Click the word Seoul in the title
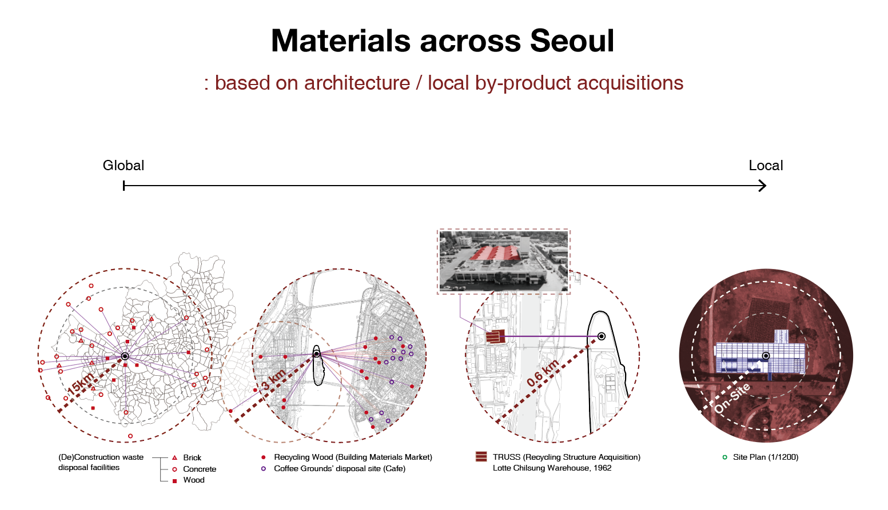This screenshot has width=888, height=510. [x=572, y=41]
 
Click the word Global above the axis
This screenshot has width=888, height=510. [x=124, y=165]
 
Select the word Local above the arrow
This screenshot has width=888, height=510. [x=766, y=165]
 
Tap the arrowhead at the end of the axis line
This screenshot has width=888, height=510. [x=763, y=186]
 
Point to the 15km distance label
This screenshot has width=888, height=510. [x=81, y=384]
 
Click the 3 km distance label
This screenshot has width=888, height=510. [x=273, y=380]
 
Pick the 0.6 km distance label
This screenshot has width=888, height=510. [x=543, y=372]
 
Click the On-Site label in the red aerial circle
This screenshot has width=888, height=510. [x=732, y=398]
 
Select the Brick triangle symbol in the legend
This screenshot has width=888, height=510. [x=174, y=457]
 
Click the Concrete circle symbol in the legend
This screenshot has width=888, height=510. [x=174, y=469]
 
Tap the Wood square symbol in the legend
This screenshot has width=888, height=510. [x=174, y=481]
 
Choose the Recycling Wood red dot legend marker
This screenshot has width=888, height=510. [x=263, y=457]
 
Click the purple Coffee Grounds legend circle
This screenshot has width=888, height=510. [x=263, y=469]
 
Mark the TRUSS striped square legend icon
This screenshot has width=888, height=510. [x=481, y=456]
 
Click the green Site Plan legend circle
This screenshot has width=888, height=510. [x=724, y=457]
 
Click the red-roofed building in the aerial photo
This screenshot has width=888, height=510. [x=495, y=253]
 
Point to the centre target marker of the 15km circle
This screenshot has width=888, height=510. [x=125, y=356]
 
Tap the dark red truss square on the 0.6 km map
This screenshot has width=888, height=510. [x=495, y=337]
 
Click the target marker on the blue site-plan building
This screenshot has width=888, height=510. [x=766, y=356]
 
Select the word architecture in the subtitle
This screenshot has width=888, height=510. [x=357, y=83]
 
